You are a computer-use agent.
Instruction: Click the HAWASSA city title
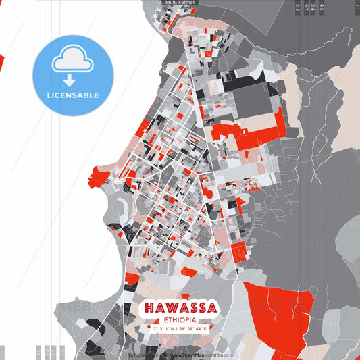point(179,308)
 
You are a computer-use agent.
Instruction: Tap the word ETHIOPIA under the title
point(179,319)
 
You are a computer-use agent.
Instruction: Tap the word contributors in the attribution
point(215,355)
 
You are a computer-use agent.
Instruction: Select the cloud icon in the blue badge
point(73,59)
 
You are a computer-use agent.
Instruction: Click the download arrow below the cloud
point(73,80)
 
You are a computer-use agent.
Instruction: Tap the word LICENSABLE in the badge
point(73,95)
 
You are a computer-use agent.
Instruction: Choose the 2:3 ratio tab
point(298,7)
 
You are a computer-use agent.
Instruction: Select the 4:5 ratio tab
point(322,7)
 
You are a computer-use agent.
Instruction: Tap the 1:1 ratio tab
point(357,7)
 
